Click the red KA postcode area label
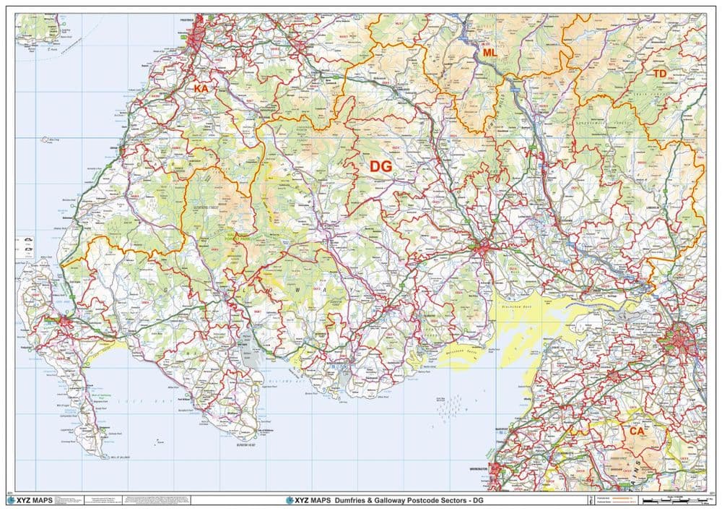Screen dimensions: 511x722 (201, 88)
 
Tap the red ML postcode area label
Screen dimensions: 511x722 (490, 53)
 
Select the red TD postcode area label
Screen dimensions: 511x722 (659, 74)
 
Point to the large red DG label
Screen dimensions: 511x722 (380, 166)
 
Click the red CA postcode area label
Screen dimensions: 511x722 (636, 431)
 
